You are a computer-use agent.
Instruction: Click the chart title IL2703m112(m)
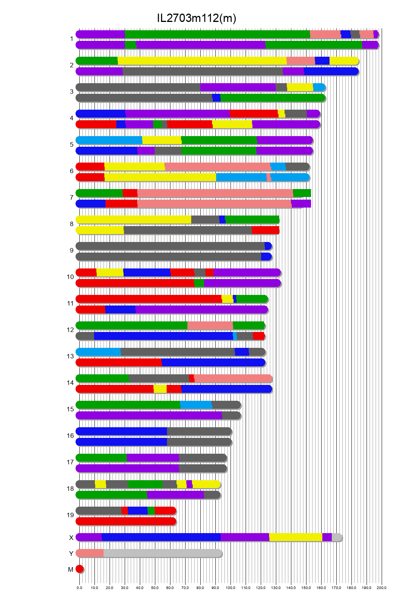(196, 18)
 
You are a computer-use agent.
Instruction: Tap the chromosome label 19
(70, 515)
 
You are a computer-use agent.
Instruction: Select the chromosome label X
(71, 538)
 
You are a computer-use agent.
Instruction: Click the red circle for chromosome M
(79, 569)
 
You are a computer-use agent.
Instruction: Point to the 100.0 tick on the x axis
(231, 588)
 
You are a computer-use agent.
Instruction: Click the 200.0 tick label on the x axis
(382, 588)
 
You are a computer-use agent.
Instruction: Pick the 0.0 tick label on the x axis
(79, 588)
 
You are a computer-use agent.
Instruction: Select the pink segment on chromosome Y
(90, 553)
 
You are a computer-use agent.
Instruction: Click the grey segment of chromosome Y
(162, 553)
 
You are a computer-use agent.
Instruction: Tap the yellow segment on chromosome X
(296, 537)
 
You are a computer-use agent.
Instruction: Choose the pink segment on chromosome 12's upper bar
(210, 326)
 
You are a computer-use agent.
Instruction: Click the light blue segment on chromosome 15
(196, 405)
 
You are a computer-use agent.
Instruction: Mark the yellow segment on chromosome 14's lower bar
(160, 389)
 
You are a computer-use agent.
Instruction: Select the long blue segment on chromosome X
(161, 537)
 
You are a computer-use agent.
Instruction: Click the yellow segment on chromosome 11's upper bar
(227, 299)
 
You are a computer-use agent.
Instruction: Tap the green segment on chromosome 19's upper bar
(151, 511)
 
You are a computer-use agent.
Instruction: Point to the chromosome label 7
(71, 197)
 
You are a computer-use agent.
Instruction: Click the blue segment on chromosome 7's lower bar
(91, 204)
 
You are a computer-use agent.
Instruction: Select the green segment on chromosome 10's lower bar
(199, 283)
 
